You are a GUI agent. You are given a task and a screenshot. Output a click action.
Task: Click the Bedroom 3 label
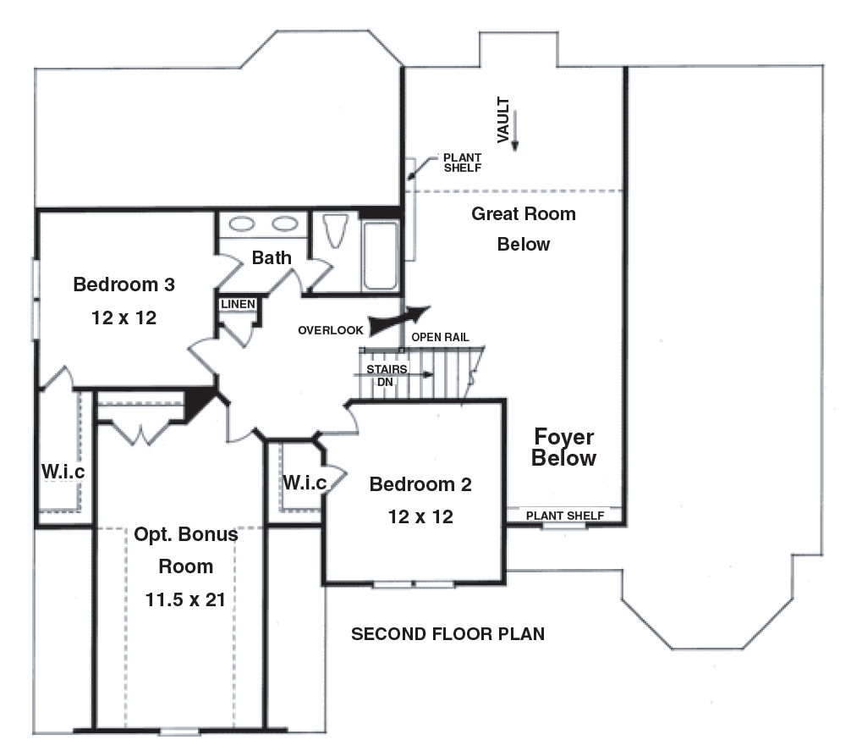pyautogui.click(x=124, y=284)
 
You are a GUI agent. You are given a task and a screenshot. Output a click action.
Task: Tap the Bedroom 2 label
pyautogui.click(x=420, y=484)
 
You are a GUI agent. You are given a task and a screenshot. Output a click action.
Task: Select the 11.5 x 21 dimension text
pyautogui.click(x=186, y=599)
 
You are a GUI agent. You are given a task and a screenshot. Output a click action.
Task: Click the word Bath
pyautogui.click(x=272, y=257)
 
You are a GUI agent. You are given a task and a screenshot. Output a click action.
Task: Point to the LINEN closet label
pyautogui.click(x=238, y=304)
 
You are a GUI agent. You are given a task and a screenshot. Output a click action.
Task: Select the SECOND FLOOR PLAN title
pyautogui.click(x=447, y=633)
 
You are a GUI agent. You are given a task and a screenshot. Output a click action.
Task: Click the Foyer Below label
pyautogui.click(x=563, y=448)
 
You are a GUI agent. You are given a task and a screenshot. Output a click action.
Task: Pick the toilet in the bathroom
pyautogui.click(x=336, y=230)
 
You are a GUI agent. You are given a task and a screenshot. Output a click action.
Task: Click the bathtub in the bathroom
pyautogui.click(x=380, y=255)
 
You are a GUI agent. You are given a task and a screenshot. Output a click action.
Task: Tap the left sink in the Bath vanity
pyautogui.click(x=243, y=224)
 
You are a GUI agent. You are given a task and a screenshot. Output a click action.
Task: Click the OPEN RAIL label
pyautogui.click(x=440, y=337)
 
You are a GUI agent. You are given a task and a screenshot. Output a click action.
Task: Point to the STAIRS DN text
pyautogui.click(x=387, y=375)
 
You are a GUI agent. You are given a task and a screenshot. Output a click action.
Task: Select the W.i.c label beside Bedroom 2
pyautogui.click(x=305, y=483)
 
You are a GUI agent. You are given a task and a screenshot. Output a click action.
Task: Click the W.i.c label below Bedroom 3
pyautogui.click(x=63, y=472)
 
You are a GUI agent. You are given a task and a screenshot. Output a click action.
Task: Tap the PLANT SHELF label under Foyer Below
pyautogui.click(x=565, y=516)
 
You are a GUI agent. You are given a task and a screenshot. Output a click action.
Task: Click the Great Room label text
pyautogui.click(x=523, y=214)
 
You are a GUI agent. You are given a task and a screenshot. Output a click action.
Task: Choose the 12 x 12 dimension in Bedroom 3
pyautogui.click(x=124, y=318)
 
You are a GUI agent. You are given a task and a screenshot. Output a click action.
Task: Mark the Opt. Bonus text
pyautogui.click(x=186, y=535)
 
